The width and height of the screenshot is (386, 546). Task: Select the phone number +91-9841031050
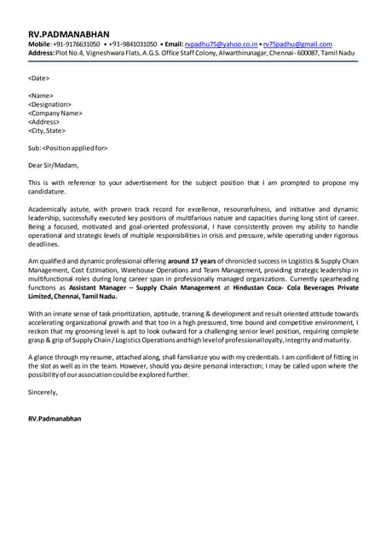click(x=132, y=44)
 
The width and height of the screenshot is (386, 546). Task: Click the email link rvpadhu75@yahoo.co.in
click(x=221, y=44)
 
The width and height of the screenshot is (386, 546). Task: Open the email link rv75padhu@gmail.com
click(x=297, y=44)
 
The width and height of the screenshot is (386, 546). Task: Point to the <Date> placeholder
click(x=38, y=78)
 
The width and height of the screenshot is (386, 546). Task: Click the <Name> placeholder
click(x=41, y=96)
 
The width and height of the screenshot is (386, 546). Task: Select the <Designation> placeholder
click(x=49, y=104)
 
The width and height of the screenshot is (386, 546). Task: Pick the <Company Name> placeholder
click(x=55, y=113)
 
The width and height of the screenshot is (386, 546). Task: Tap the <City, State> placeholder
click(x=48, y=131)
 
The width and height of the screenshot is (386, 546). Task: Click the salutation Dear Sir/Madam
click(x=53, y=166)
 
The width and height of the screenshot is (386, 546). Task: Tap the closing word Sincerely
click(x=43, y=392)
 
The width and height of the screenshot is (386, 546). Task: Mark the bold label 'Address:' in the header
click(x=41, y=52)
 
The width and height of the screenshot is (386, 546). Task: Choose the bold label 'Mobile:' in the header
click(x=39, y=44)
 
